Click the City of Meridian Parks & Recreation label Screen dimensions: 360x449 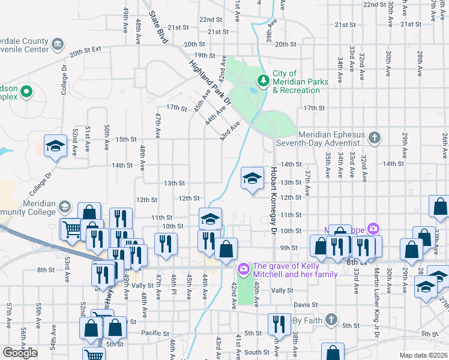coord(296,82)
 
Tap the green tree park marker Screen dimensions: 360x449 coord(262,80)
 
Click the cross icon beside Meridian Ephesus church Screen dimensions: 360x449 coord(374,139)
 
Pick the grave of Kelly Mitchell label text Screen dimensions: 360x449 coord(295,270)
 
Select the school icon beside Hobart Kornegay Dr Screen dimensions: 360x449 coord(253,178)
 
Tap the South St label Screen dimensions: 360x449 coord(257,352)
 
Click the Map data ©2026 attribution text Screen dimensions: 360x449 coord(424,355)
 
